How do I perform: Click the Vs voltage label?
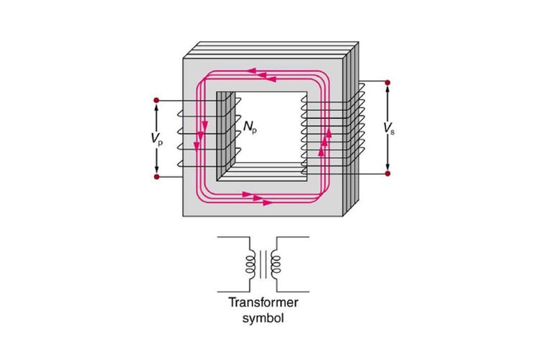click(389, 129)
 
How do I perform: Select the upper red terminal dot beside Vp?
click(157, 99)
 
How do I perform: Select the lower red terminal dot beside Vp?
click(157, 176)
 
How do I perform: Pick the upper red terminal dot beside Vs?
click(388, 82)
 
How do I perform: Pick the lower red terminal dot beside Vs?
click(388, 174)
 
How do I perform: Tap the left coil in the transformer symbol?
click(251, 264)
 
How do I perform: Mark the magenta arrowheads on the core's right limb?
click(326, 139)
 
